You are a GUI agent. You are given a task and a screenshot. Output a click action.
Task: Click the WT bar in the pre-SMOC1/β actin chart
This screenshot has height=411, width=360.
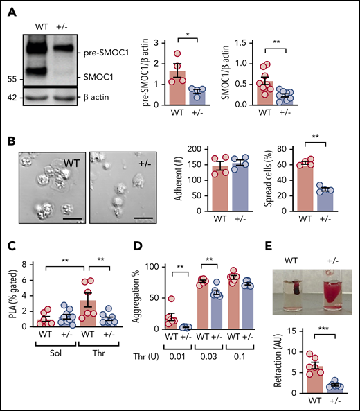pyautogui.click(x=179, y=87)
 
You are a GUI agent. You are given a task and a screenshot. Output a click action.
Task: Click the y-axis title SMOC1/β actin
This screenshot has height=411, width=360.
pyautogui.click(x=240, y=63)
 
